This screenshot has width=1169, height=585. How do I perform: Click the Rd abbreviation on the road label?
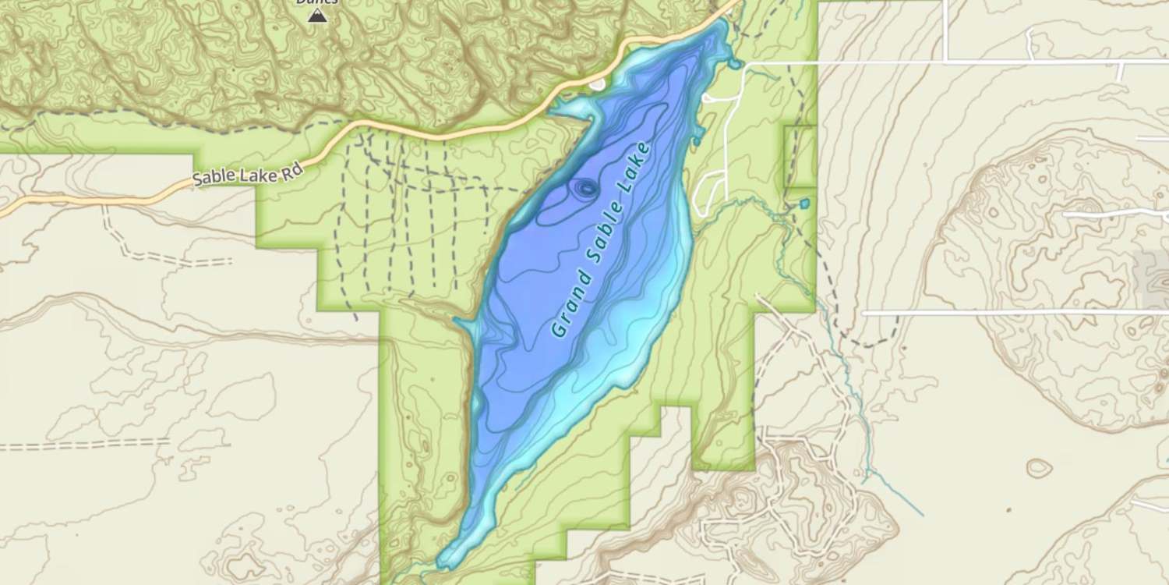point(291,172)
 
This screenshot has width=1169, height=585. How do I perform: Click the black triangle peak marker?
point(317,15)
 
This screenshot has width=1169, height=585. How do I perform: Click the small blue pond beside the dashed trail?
point(804,204)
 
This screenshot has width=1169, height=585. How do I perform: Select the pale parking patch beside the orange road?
point(597,83)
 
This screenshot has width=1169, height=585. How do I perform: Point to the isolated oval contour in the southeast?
point(1039,468)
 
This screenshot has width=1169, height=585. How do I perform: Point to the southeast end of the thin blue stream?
point(922,515)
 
